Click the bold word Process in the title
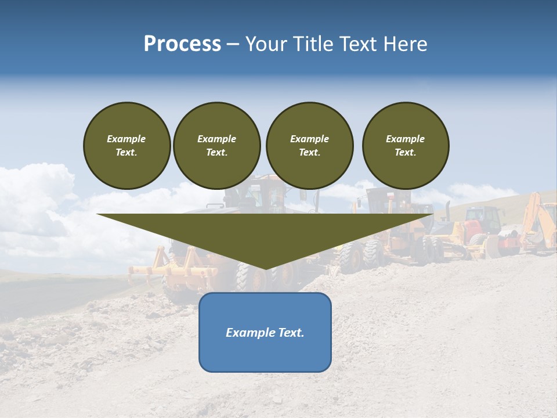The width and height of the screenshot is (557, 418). [x=182, y=44]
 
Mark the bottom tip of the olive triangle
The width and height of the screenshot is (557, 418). [x=266, y=268]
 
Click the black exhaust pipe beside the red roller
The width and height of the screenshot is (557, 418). [x=448, y=211]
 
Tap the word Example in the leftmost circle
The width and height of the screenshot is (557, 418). [x=126, y=139]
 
